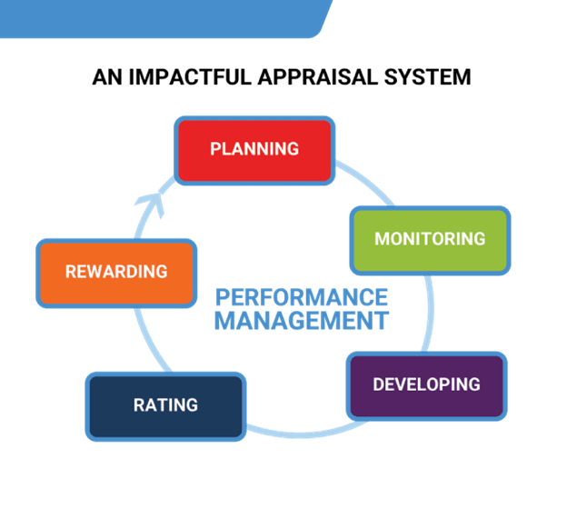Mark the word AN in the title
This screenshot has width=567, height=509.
pyautogui.click(x=106, y=76)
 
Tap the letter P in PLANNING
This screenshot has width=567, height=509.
pyautogui.click(x=215, y=149)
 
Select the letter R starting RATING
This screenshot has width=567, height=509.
pyautogui.click(x=139, y=404)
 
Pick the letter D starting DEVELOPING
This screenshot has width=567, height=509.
pyautogui.click(x=379, y=384)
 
